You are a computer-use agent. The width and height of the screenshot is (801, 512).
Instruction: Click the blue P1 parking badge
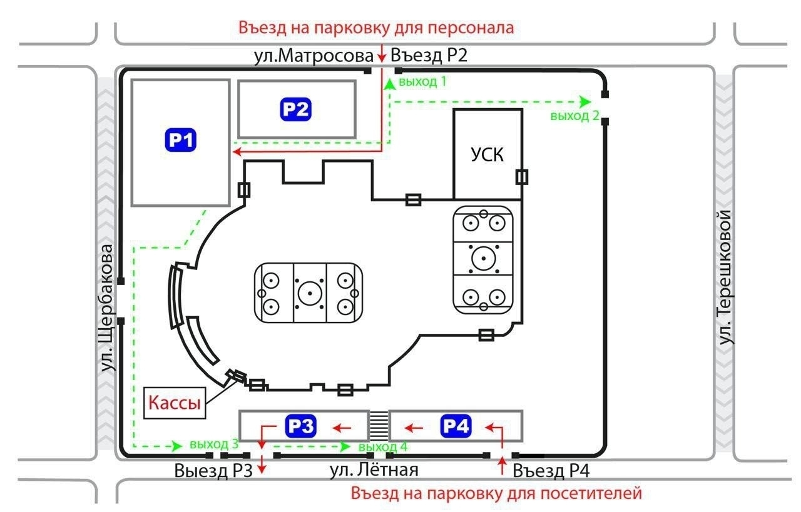tap(181, 141)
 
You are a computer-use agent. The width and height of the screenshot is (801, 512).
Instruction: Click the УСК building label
tap(487, 154)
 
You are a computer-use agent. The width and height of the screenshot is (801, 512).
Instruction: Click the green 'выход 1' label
tap(423, 81)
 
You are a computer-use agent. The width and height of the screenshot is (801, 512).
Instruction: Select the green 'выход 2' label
tap(575, 116)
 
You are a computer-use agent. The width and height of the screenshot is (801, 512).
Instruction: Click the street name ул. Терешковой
tap(726, 277)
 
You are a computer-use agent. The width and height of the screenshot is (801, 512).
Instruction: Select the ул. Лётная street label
tap(374, 470)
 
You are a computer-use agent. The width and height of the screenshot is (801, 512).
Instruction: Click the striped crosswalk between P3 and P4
tap(378, 425)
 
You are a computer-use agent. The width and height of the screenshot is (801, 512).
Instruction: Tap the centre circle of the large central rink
tap(309, 292)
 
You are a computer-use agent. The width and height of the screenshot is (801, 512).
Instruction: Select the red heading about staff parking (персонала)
tap(376, 28)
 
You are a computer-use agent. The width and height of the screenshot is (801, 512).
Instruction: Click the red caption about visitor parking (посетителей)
tap(496, 493)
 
